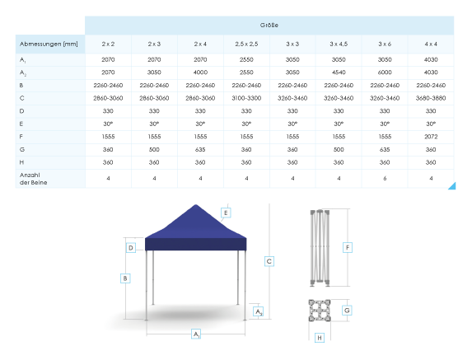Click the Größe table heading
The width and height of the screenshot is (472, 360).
(269, 26)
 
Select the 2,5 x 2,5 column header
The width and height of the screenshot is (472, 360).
(246, 44)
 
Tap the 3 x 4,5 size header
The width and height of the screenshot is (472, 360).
(339, 44)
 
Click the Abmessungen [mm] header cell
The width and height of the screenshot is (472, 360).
(49, 44)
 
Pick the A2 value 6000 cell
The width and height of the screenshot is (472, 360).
(385, 72)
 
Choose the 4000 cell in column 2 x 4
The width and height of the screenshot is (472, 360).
(200, 72)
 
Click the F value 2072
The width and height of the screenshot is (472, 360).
(431, 137)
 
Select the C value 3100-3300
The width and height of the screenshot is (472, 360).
(246, 98)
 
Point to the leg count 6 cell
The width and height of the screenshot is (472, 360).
(385, 179)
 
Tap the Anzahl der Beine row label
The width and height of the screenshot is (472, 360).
(33, 179)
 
